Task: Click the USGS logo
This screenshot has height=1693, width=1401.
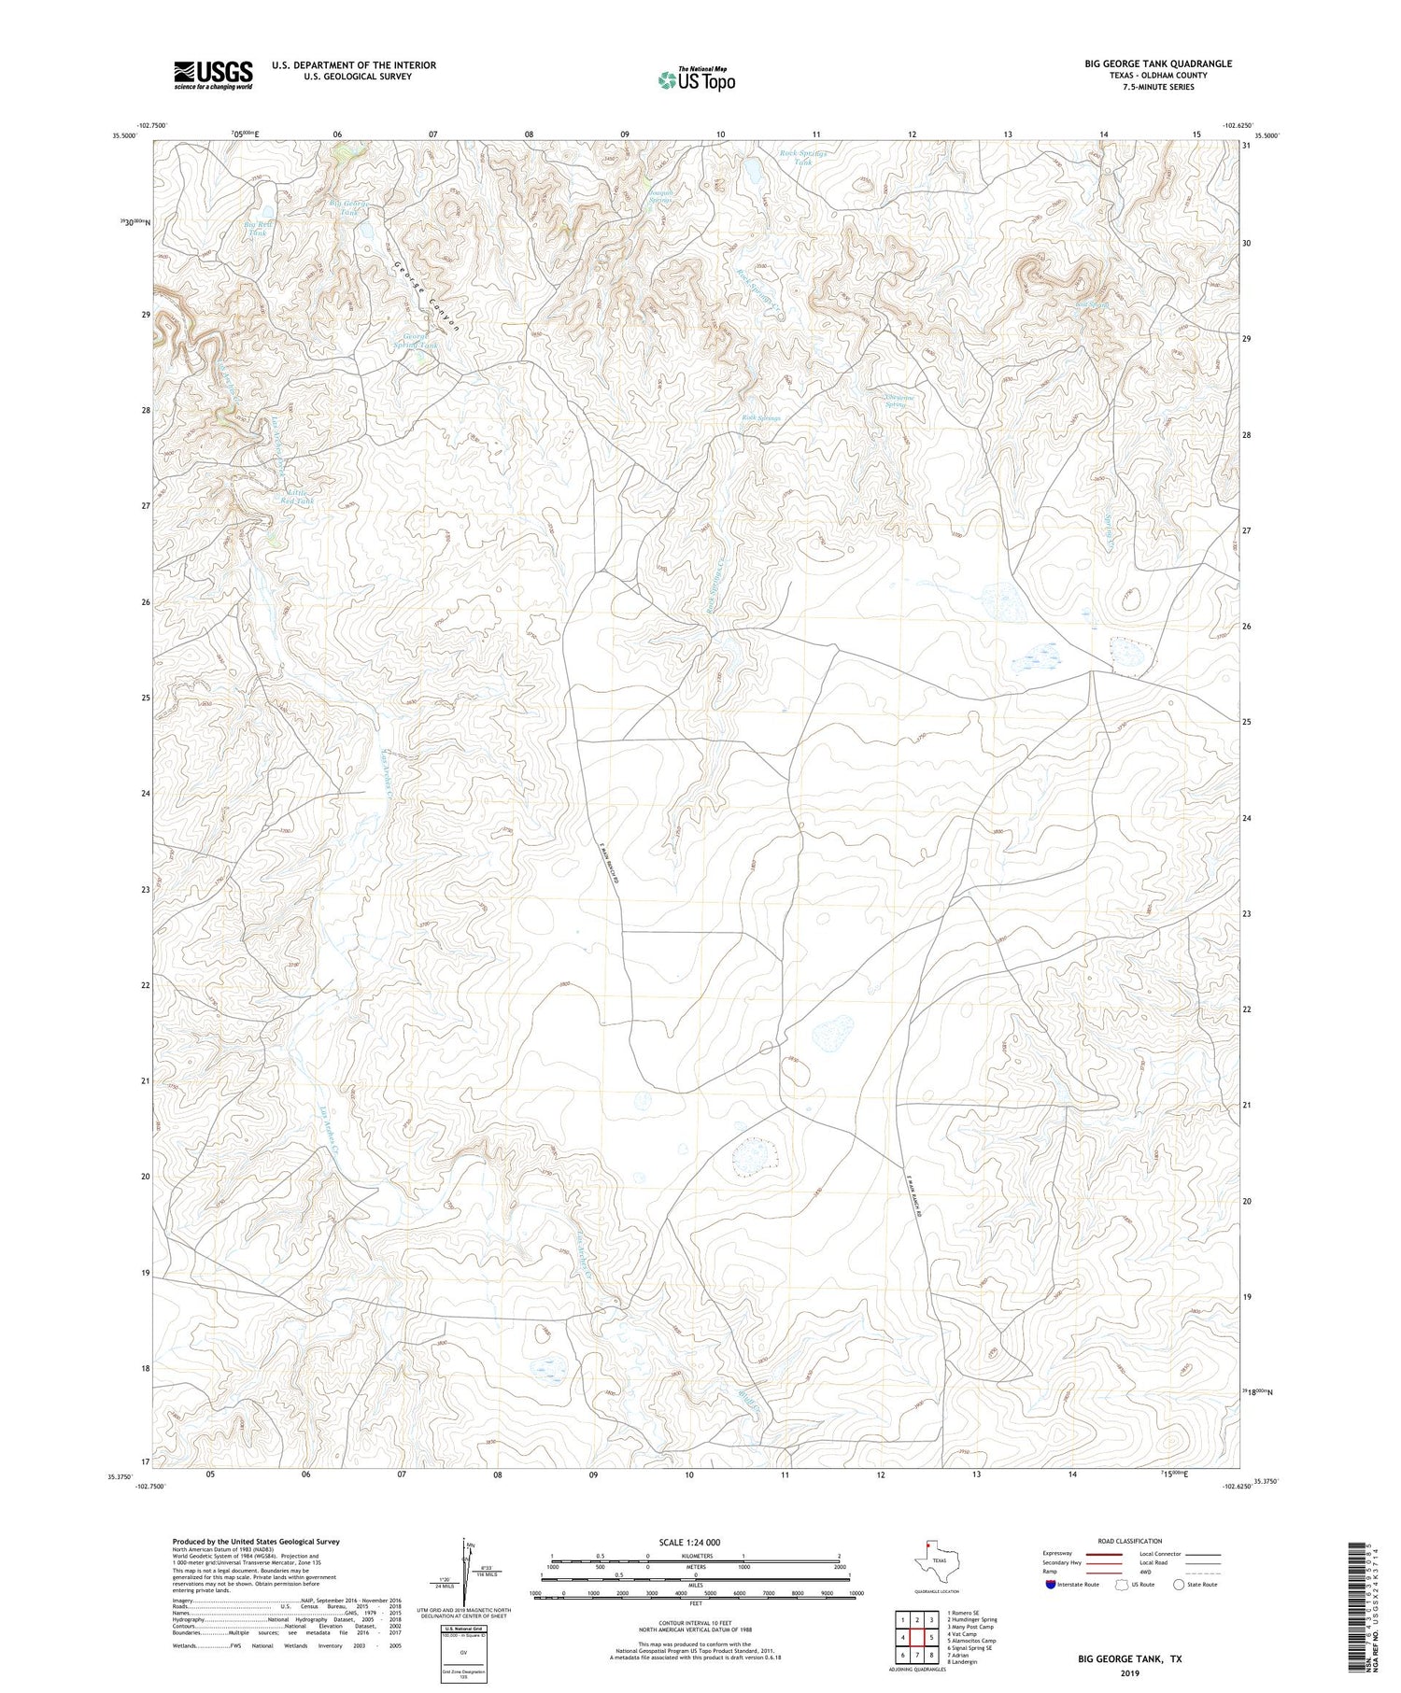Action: tap(213, 75)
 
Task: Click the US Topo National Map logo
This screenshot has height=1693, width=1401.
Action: tap(696, 79)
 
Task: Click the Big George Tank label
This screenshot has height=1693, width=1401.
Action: tap(349, 207)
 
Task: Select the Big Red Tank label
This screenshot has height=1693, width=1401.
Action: tap(259, 229)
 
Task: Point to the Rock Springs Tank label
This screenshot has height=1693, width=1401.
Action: tap(803, 157)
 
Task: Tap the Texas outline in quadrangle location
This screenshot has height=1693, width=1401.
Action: tap(929, 1559)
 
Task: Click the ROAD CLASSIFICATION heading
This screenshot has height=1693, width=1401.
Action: tap(1129, 1541)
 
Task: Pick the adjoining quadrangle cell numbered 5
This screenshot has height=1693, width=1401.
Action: tap(931, 1637)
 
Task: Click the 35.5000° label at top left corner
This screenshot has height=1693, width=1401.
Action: tap(123, 135)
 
